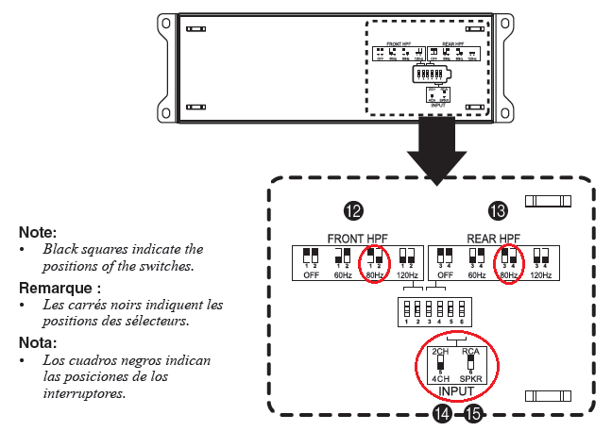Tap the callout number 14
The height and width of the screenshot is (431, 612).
pos(441,413)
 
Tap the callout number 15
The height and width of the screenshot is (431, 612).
pos(471,413)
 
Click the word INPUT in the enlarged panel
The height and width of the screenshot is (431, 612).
pos(455,389)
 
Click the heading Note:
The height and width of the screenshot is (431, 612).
pos(38,231)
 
